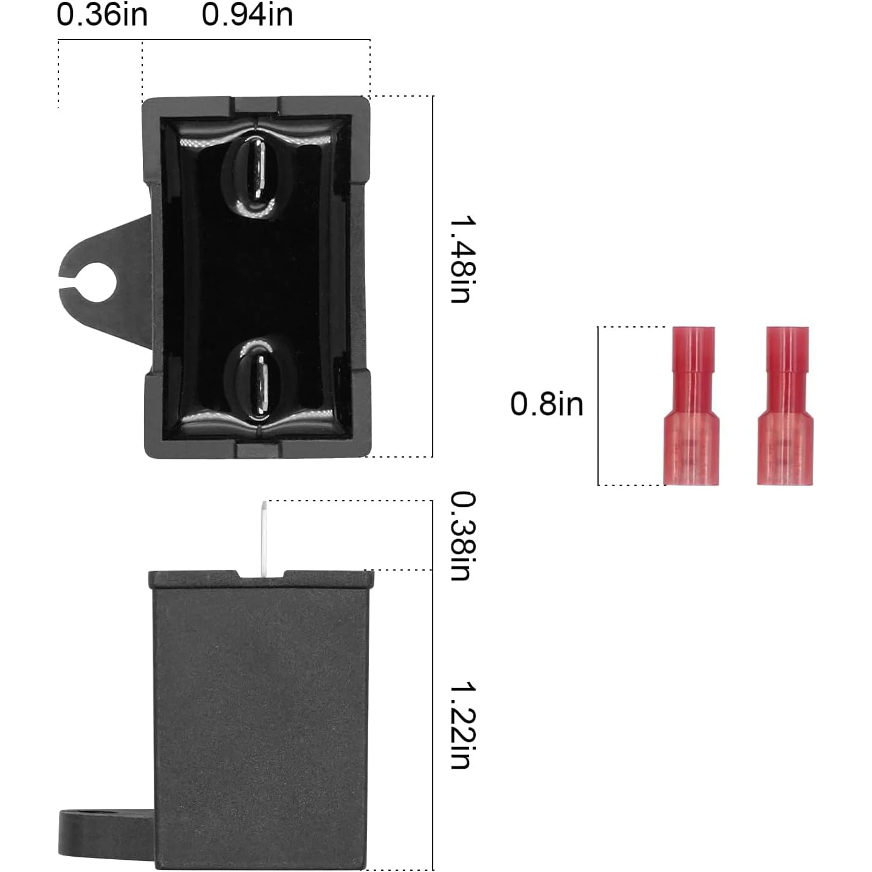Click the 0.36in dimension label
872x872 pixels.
pyautogui.click(x=102, y=15)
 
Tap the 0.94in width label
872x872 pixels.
pyautogui.click(x=247, y=15)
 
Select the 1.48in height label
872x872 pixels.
pyautogui.click(x=462, y=259)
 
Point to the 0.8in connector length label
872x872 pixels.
pyautogui.click(x=547, y=404)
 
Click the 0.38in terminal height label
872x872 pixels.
pyautogui.click(x=462, y=536)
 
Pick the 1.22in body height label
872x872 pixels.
pyautogui.click(x=462, y=726)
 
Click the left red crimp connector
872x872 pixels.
pyautogui.click(x=692, y=406)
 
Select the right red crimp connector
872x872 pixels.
pyautogui.click(x=785, y=406)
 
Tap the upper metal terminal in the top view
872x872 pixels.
pyautogui.click(x=256, y=169)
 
